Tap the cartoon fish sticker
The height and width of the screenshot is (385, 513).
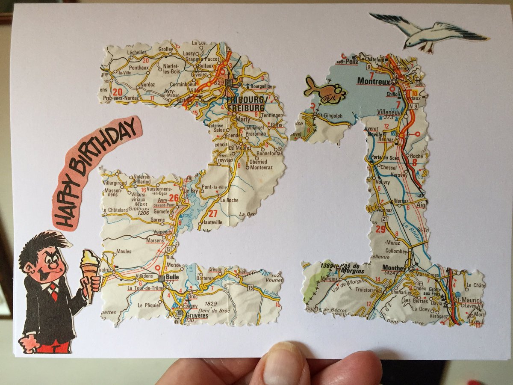point(325,91)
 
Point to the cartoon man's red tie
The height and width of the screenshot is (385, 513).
point(53,291)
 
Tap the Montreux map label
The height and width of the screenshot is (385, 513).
point(371,80)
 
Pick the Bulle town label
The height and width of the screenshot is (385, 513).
point(172,277)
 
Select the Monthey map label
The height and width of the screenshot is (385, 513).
point(394,267)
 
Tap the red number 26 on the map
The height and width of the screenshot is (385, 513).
point(174,198)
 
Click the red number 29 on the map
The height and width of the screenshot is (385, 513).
point(380,229)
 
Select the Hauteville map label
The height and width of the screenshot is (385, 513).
point(212,222)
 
